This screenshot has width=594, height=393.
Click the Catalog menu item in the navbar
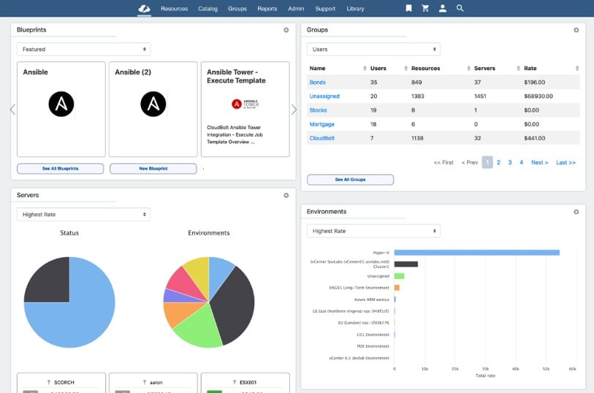(x=207, y=9)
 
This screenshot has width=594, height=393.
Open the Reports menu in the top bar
(x=267, y=9)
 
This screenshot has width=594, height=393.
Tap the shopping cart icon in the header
(x=425, y=9)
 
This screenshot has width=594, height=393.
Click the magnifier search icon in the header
(x=460, y=9)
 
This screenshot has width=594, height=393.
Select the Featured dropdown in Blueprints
(x=83, y=49)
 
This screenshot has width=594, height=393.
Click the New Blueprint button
(x=153, y=169)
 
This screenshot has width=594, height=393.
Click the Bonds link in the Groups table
(x=317, y=83)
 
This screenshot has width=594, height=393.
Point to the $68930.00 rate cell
(x=538, y=96)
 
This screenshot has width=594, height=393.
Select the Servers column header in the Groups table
(x=484, y=68)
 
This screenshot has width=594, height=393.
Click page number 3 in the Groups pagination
(x=510, y=162)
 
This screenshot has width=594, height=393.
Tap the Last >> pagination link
(x=566, y=162)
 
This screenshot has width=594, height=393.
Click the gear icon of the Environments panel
(x=576, y=212)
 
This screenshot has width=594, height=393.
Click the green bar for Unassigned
(x=399, y=276)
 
